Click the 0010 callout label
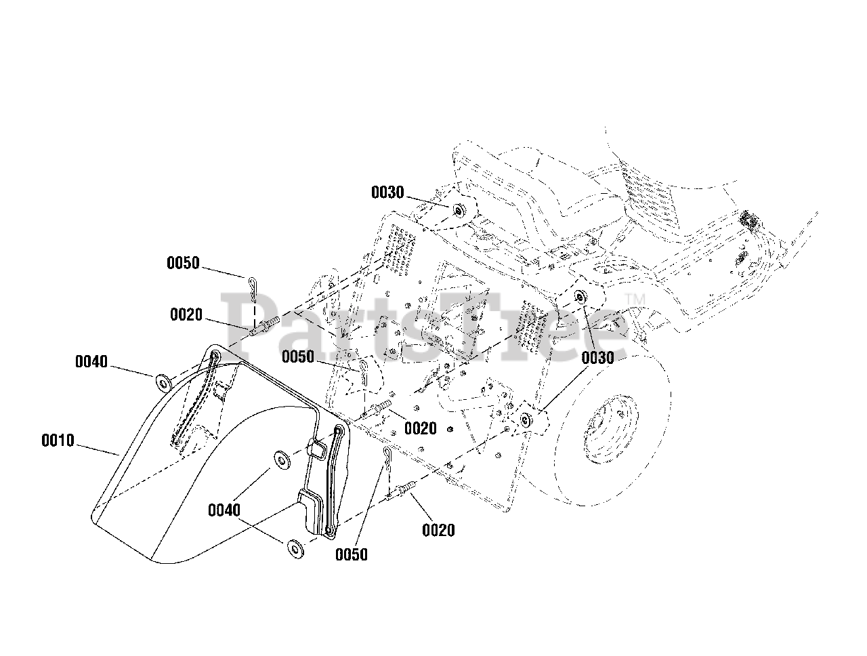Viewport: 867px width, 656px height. pos(58,440)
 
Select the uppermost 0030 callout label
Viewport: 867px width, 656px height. pos(387,192)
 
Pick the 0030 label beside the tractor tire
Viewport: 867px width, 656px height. pos(597,358)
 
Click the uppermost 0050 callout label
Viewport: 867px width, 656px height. pos(183,263)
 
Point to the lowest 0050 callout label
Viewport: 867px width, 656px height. pos(351,554)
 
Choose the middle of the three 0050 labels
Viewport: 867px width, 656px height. pos(298,357)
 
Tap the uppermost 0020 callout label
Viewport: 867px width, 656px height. pos(186,314)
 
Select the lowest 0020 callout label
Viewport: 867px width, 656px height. pos(438,530)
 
